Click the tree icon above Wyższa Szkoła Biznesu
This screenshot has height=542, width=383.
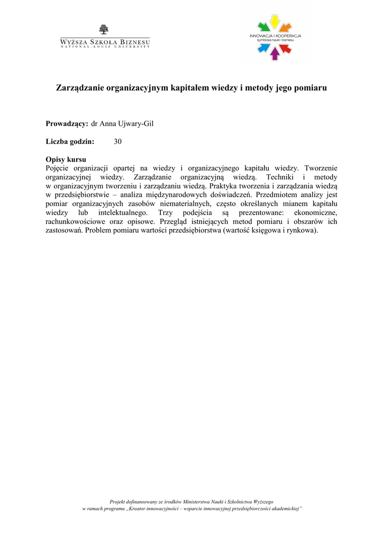(104, 30)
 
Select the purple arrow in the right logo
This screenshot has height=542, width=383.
(275, 53)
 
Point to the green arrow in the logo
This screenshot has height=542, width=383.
(263, 26)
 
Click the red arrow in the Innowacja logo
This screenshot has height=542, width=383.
(286, 49)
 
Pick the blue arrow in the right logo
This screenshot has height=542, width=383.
(263, 49)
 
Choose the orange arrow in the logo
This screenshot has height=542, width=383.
(286, 26)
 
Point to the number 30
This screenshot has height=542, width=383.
(117, 141)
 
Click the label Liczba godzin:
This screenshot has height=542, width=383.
(70, 141)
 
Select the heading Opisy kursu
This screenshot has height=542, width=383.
(66, 159)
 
